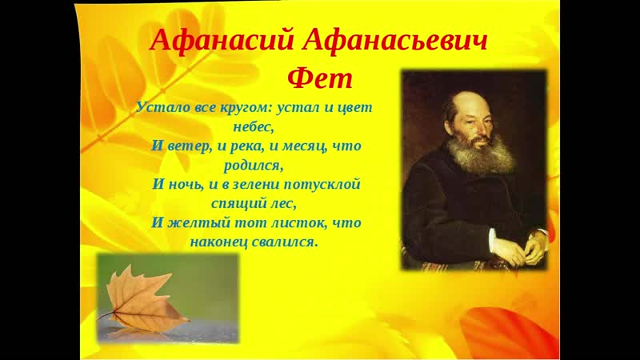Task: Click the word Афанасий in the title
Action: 222,41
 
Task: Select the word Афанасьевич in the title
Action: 395,41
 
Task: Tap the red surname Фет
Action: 319,78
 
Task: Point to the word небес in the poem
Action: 252,127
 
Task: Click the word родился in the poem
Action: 252,166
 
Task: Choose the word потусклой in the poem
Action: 322,185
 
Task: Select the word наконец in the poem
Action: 218,242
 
